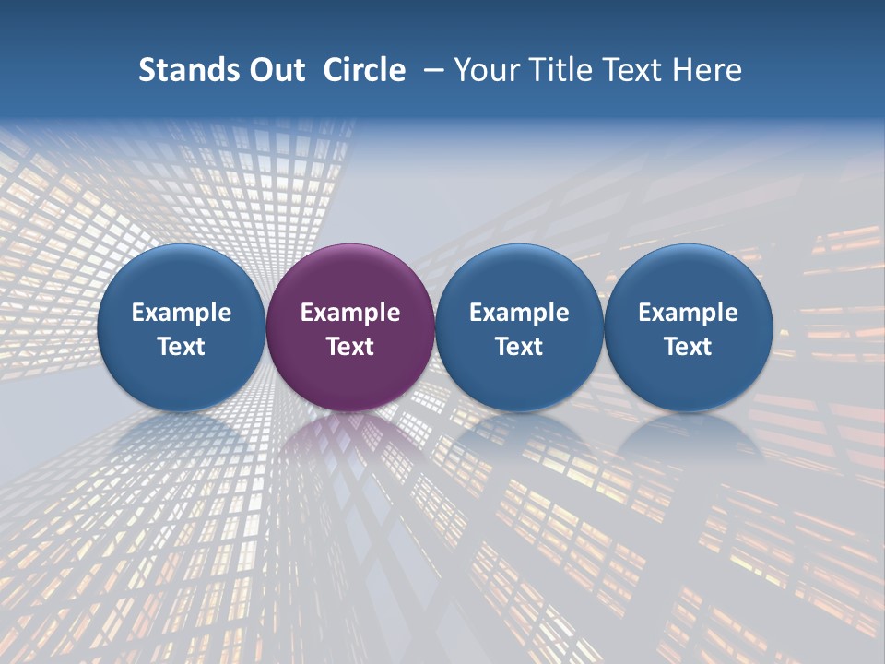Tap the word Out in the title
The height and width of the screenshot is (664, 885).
point(274,70)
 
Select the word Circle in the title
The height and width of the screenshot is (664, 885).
point(364,70)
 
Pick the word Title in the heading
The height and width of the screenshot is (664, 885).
point(559,70)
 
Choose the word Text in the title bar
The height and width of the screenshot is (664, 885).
point(632,70)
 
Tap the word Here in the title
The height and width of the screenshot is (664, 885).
point(707,70)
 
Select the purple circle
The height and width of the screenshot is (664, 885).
point(350,277)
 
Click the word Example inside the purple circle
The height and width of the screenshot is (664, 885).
point(350,313)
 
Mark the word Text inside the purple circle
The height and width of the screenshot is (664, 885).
point(350,347)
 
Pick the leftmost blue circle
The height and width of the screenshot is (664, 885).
point(181,277)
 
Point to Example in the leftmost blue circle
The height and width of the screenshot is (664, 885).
point(181,313)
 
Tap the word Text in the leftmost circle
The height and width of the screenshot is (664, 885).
point(181,347)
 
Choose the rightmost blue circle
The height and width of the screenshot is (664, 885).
point(689,277)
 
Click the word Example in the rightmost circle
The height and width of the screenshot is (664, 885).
point(689,313)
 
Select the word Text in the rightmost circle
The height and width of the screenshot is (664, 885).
point(689,347)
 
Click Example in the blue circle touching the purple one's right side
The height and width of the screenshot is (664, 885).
point(519,313)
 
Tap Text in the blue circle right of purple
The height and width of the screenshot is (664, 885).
point(519,347)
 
